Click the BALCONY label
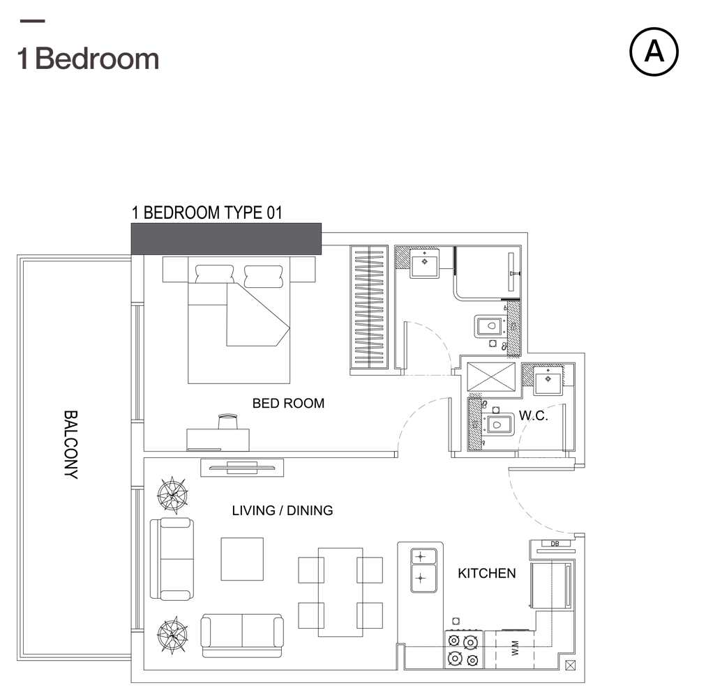70,445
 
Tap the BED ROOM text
288,403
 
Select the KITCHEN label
487,573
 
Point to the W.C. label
534,415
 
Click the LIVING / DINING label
283,510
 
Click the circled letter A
654,52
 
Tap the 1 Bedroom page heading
88,59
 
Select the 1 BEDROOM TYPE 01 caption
207,213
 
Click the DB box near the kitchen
555,544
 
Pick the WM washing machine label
515,648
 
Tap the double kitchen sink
423,570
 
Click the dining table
340,592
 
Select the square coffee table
242,559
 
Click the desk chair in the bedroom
228,422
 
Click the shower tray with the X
491,376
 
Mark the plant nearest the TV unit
172,495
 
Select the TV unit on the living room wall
242,468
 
